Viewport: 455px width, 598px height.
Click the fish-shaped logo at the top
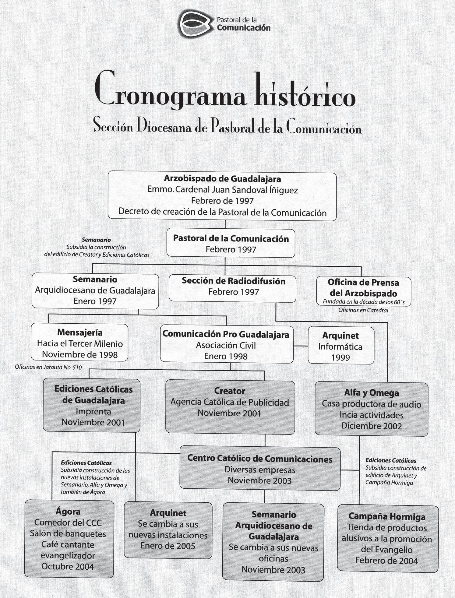pos(194,23)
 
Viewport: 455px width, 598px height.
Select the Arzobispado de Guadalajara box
pos(222,195)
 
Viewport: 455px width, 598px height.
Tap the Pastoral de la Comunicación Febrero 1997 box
pos(231,244)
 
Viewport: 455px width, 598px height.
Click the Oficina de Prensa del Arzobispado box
pos(363,291)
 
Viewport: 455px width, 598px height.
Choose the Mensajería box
pos(79,343)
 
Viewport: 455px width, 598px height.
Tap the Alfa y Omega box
pos(371,409)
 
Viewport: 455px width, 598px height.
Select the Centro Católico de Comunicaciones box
pos(260,469)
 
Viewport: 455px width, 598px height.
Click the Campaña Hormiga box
pos(387,538)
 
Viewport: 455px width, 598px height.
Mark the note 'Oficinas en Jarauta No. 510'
pos(48,367)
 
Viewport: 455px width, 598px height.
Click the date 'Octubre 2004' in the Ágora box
pos(68,566)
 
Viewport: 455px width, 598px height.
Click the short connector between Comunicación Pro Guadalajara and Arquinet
pos(301,346)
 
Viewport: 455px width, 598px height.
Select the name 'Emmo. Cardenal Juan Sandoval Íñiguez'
pos(222,190)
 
